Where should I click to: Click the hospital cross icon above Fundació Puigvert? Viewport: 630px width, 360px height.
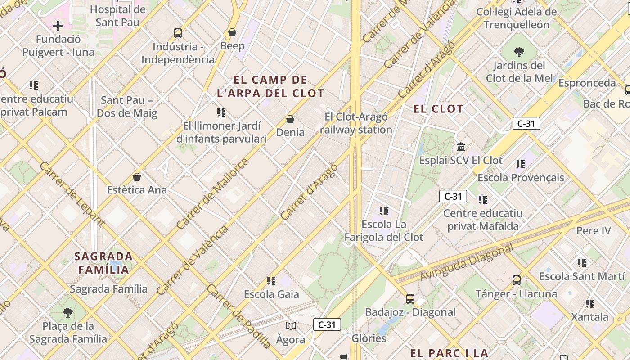pyautogui.click(x=58, y=26)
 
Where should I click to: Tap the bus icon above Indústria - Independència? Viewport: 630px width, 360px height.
pyautogui.click(x=178, y=33)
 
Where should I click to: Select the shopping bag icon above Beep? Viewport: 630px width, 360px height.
pyautogui.click(x=232, y=32)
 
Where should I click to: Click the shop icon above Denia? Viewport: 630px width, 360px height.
pyautogui.click(x=290, y=119)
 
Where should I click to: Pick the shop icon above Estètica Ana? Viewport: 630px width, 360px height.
pyautogui.click(x=137, y=177)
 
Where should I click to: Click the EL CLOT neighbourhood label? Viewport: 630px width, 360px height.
pyautogui.click(x=438, y=109)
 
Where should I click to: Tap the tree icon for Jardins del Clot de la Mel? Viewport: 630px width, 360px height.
pyautogui.click(x=519, y=52)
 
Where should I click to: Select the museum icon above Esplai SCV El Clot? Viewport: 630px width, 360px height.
pyautogui.click(x=461, y=147)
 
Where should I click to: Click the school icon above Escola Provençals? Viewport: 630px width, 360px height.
pyautogui.click(x=521, y=164)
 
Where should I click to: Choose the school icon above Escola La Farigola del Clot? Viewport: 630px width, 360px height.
pyautogui.click(x=384, y=211)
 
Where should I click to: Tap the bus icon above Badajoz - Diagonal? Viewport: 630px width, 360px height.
pyautogui.click(x=410, y=298)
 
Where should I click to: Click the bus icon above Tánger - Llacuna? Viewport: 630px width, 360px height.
pyautogui.click(x=517, y=280)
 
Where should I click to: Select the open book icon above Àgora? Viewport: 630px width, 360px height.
pyautogui.click(x=291, y=326)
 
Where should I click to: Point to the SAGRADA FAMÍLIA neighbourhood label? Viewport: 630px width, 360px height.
pyautogui.click(x=103, y=263)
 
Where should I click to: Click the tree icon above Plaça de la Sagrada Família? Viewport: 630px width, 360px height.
pyautogui.click(x=68, y=312)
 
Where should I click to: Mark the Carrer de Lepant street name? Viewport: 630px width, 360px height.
pyautogui.click(x=72, y=194)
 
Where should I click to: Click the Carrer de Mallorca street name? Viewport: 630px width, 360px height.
pyautogui.click(x=212, y=194)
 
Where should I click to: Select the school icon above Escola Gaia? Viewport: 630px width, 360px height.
pyautogui.click(x=271, y=281)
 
